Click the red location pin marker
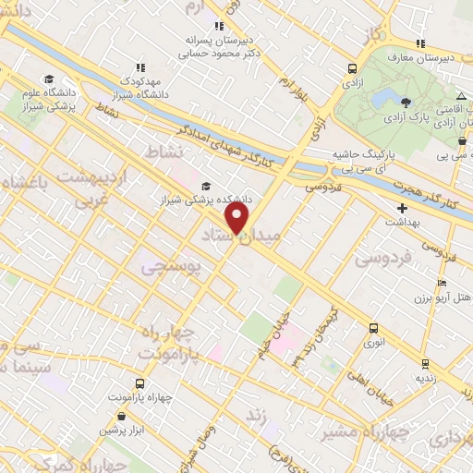[x=237, y=218]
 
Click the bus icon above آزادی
[x=352, y=68]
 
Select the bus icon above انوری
[x=373, y=328]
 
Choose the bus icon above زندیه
[x=424, y=364]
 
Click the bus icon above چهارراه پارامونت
[x=139, y=383]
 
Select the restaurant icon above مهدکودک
[x=140, y=67]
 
